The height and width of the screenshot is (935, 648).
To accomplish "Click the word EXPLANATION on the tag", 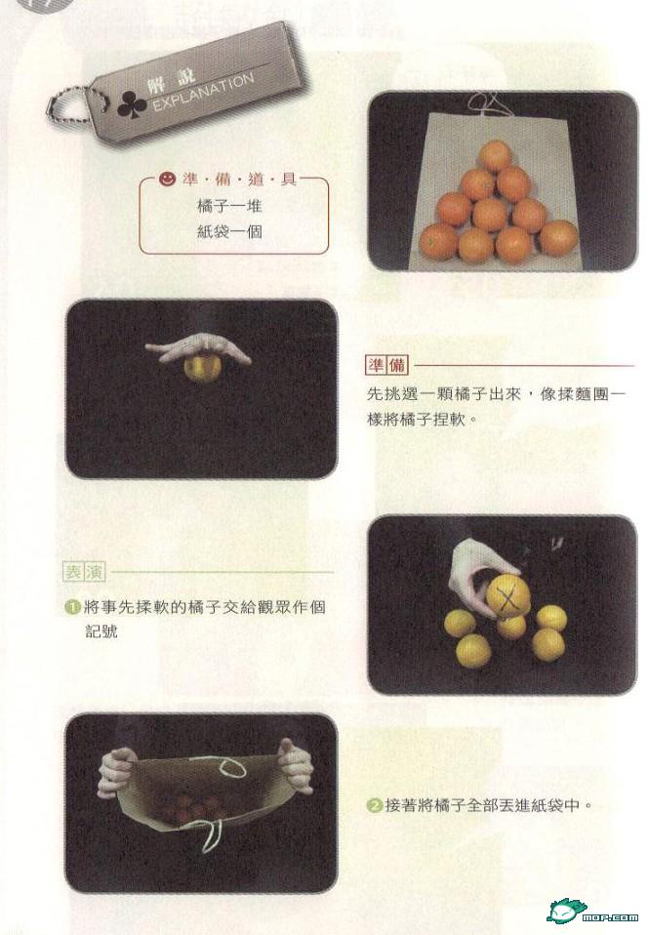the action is click(x=203, y=93).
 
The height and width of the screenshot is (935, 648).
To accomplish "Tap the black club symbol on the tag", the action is click(x=132, y=103).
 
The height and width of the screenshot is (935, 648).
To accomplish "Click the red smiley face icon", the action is click(x=168, y=178).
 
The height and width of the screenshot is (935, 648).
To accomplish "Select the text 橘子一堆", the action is click(x=229, y=206).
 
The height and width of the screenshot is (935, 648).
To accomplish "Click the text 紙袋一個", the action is click(x=229, y=231).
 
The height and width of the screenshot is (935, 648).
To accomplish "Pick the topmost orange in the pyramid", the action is click(x=495, y=155).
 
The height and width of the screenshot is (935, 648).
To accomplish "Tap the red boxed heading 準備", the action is click(x=385, y=365).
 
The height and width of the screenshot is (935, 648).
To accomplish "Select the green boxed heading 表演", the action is click(x=84, y=572).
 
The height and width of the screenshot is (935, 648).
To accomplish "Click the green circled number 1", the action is click(x=73, y=608).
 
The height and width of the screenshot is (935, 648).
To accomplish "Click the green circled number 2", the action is click(x=374, y=805).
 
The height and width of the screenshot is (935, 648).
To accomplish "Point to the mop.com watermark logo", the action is click(x=592, y=912).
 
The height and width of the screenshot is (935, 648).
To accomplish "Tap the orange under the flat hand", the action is click(x=202, y=366).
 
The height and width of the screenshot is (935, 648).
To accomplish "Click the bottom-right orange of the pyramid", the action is click(x=558, y=238).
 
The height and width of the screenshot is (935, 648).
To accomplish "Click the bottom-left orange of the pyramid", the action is click(x=438, y=241).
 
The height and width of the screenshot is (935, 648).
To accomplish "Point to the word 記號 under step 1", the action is click(x=101, y=631).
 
